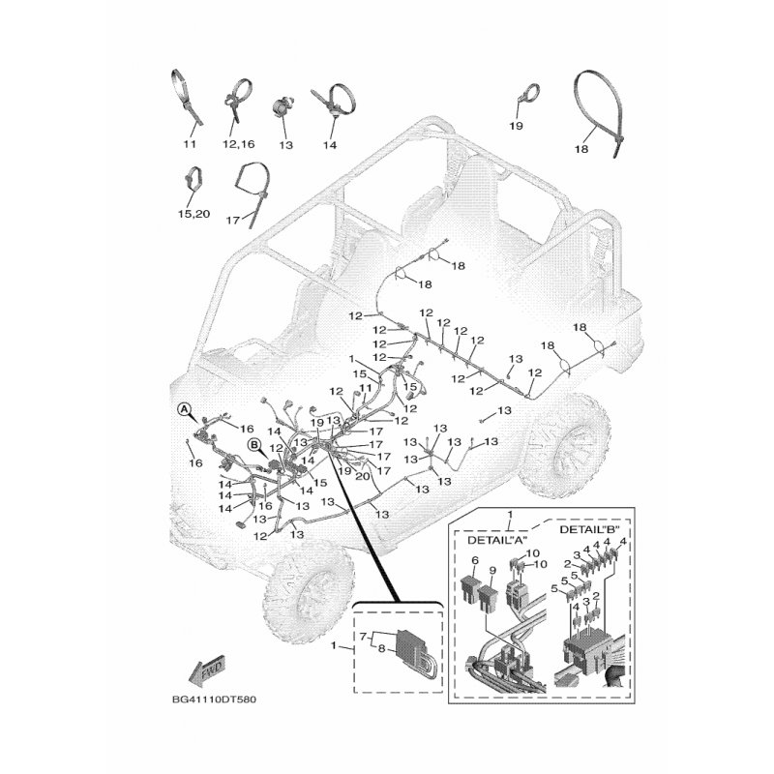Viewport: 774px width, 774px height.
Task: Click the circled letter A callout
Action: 184,408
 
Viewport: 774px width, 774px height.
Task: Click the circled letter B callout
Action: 254,445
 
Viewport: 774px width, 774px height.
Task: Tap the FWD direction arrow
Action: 207,670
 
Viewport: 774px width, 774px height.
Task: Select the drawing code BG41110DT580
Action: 214,700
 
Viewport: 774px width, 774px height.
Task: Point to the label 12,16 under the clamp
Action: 238,144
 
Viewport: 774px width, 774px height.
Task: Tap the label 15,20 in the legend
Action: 194,214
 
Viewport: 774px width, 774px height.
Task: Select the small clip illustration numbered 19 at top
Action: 528,93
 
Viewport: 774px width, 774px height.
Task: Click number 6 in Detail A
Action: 475,560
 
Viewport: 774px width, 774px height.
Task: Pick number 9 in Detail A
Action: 492,571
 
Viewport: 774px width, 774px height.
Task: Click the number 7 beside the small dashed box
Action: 364,637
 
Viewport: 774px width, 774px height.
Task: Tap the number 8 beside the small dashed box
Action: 381,649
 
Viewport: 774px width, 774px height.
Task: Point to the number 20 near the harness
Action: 362,476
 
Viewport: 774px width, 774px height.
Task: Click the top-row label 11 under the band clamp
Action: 190,143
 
